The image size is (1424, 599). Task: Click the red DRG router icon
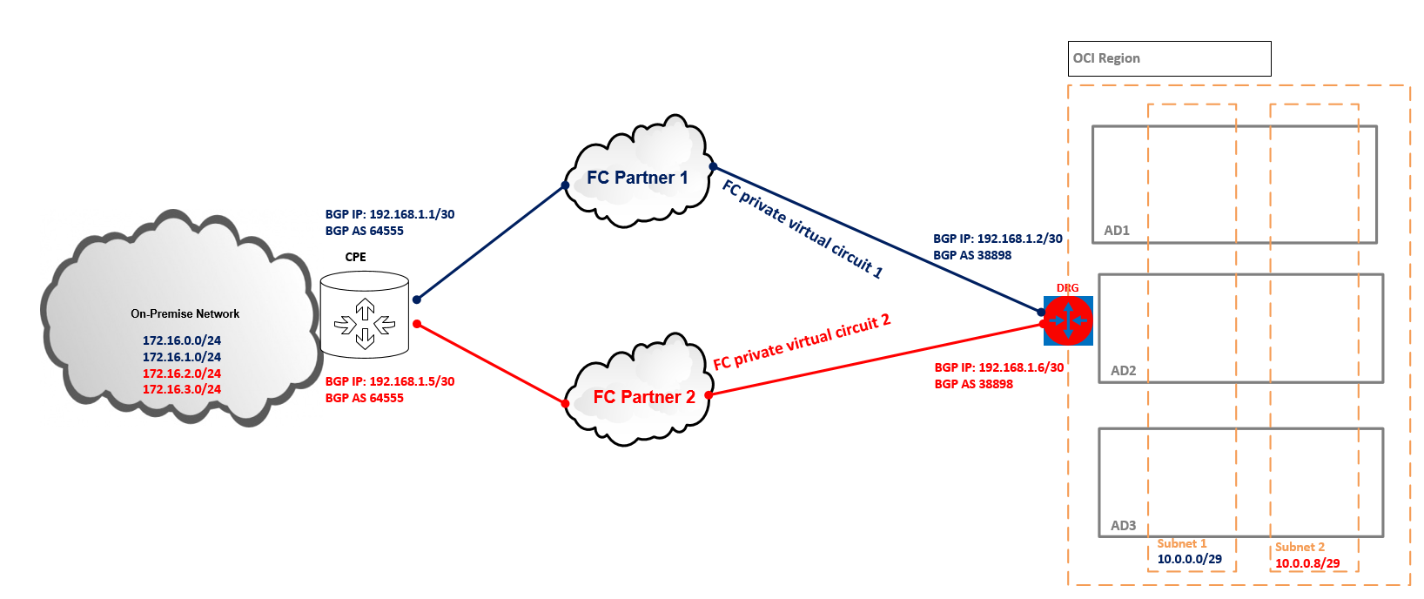(x=1068, y=320)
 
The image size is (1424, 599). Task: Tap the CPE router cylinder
(x=365, y=314)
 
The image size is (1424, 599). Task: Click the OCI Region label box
(x=1169, y=58)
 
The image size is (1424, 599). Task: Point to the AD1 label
(x=1117, y=231)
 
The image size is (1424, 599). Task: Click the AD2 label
(x=1123, y=371)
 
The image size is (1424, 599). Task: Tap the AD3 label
(x=1123, y=526)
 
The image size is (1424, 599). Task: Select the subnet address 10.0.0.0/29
(x=1189, y=559)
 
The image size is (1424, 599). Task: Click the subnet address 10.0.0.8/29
(x=1307, y=563)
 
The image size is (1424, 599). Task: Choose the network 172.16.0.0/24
(x=182, y=340)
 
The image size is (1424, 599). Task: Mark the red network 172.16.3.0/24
(x=182, y=389)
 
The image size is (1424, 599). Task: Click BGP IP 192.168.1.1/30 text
(x=390, y=214)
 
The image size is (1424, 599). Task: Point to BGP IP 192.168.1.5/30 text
(x=390, y=381)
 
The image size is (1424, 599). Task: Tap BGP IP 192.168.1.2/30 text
(x=997, y=239)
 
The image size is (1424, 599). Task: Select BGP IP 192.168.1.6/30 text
(x=999, y=367)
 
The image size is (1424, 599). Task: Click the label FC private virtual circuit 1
(x=803, y=228)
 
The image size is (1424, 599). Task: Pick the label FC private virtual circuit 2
(x=802, y=341)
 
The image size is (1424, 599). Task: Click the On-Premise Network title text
(x=185, y=313)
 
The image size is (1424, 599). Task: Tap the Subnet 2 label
(x=1300, y=547)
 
